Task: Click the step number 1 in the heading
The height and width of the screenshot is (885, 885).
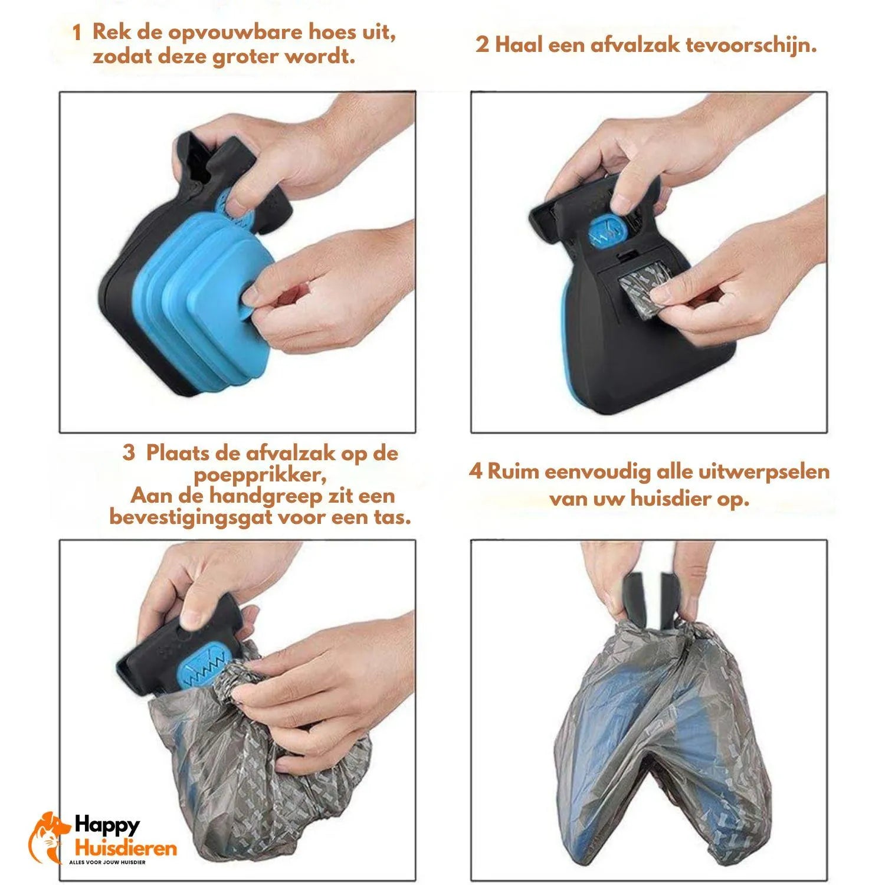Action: click(x=77, y=34)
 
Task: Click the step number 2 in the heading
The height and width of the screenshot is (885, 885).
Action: click(x=482, y=45)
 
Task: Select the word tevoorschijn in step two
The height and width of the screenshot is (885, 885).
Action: click(x=751, y=45)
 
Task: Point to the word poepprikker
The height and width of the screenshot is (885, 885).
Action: click(x=260, y=475)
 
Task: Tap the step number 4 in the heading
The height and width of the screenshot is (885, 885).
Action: click(x=476, y=471)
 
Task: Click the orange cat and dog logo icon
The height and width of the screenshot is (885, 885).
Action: click(x=48, y=837)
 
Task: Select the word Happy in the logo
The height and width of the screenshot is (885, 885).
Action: click(x=107, y=825)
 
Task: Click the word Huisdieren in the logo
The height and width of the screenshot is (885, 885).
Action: click(x=125, y=848)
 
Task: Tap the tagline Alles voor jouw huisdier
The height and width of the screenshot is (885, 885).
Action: click(x=107, y=862)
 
